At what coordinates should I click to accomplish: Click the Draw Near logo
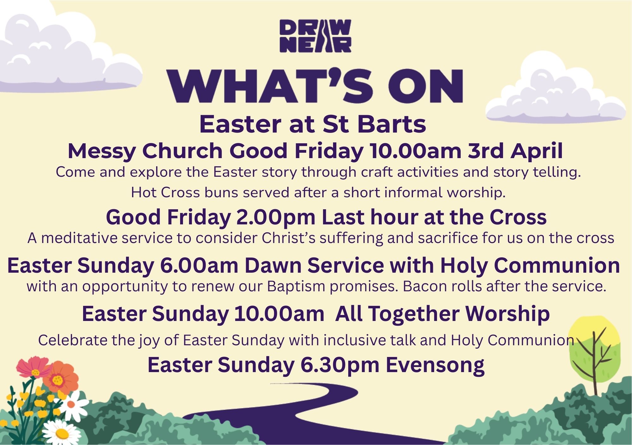point(315,36)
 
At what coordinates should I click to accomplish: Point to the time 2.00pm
point(276,217)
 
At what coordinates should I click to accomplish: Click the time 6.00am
point(199,265)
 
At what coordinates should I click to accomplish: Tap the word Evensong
point(435,365)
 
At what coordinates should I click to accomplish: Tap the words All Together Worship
point(442,314)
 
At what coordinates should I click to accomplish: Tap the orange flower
point(60,379)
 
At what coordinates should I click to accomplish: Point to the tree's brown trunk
point(595,363)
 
